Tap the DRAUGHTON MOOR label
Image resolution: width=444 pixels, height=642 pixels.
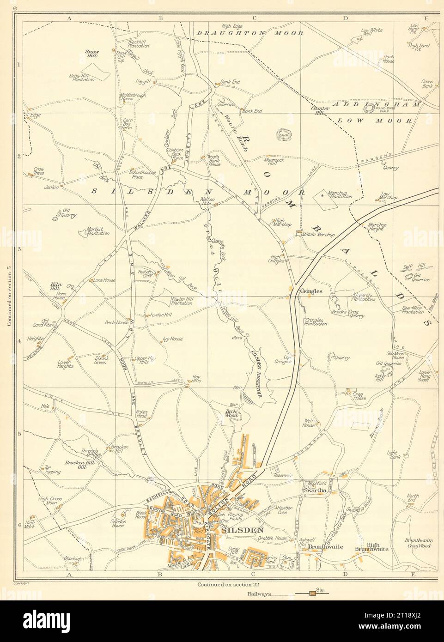(250, 33)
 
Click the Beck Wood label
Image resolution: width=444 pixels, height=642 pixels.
(231, 413)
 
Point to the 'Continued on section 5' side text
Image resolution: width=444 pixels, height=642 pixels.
(9, 296)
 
